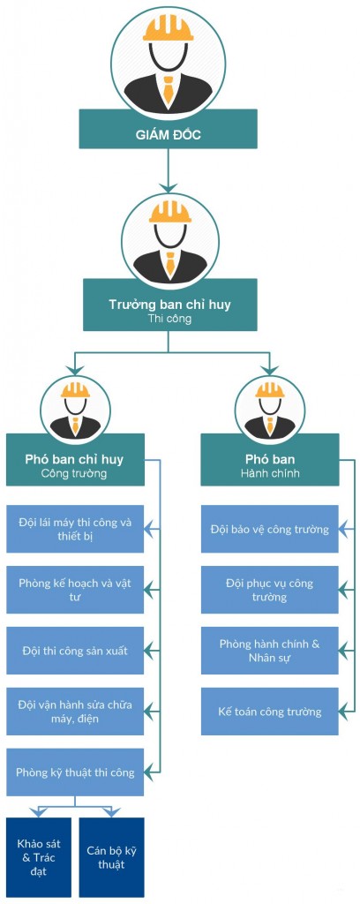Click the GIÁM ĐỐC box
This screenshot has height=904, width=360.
[168, 129]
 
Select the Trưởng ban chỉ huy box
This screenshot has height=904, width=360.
[170, 305]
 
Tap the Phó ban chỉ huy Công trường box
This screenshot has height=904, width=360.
[75, 459]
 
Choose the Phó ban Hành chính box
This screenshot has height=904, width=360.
[270, 459]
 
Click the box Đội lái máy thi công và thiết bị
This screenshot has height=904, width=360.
[75, 529]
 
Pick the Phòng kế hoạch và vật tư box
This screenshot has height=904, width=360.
[75, 590]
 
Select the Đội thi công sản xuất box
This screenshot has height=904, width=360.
[75, 651]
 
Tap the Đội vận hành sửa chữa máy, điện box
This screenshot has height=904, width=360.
[75, 711]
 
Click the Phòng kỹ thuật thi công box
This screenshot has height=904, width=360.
[75, 772]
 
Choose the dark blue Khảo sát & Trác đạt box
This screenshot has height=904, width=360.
[39, 857]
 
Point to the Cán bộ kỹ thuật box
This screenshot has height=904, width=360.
[112, 857]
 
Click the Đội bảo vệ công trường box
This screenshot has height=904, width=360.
[270, 529]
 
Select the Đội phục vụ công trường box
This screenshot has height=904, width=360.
[270, 590]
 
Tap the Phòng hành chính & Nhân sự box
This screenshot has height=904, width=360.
[270, 651]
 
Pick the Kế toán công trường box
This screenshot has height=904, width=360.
[270, 711]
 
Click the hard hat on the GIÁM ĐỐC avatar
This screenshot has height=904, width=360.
[169, 27]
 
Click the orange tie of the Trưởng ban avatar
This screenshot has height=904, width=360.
[170, 263]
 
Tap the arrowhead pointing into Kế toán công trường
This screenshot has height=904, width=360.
[344, 711]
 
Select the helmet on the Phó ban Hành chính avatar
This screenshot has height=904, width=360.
[270, 390]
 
